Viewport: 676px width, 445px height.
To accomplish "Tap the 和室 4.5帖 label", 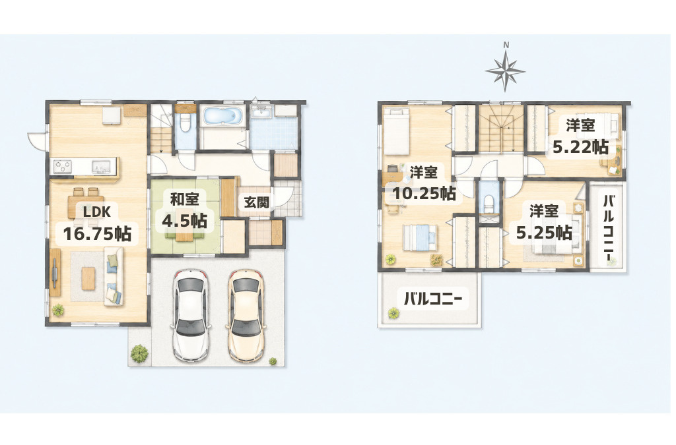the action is (185, 210).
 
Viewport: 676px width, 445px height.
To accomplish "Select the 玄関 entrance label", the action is (257, 202).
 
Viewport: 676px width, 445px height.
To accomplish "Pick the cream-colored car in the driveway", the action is (246, 314).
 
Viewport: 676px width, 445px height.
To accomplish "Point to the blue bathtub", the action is (222, 117).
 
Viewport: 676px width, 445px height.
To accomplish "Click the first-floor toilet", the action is (186, 122).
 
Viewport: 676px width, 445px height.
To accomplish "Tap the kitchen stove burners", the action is (63, 166).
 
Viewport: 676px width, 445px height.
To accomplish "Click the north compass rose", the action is (505, 69).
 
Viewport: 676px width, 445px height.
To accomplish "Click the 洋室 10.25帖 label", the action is (423, 183).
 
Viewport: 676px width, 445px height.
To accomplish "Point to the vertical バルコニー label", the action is (608, 227).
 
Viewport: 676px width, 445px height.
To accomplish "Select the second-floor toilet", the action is (489, 202).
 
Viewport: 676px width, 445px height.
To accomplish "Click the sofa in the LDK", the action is (114, 276).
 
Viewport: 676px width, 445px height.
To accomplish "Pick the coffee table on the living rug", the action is (88, 278).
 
